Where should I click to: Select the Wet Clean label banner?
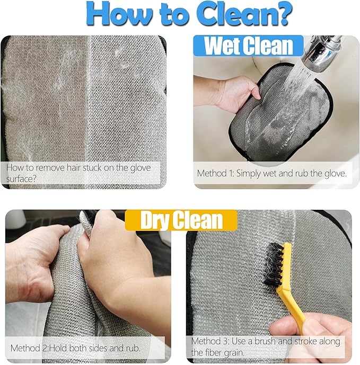(248, 46)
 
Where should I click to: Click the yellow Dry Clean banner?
(181, 220)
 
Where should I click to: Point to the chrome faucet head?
(322, 53)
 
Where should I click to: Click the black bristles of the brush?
(273, 265)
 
